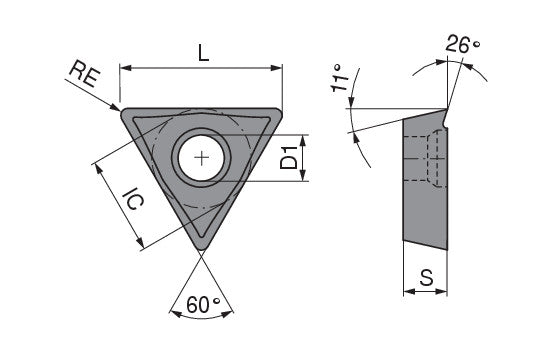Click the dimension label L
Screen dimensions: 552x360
point(203,53)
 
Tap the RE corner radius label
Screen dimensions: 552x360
point(84,75)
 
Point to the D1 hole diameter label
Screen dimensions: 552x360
point(289,158)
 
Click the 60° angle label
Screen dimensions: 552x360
point(203,305)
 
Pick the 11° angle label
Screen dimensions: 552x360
point(339,78)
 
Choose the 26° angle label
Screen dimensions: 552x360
point(462,44)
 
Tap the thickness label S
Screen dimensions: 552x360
point(427,278)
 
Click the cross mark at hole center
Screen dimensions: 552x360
point(202,158)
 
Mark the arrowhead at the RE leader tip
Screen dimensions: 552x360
point(115,107)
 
